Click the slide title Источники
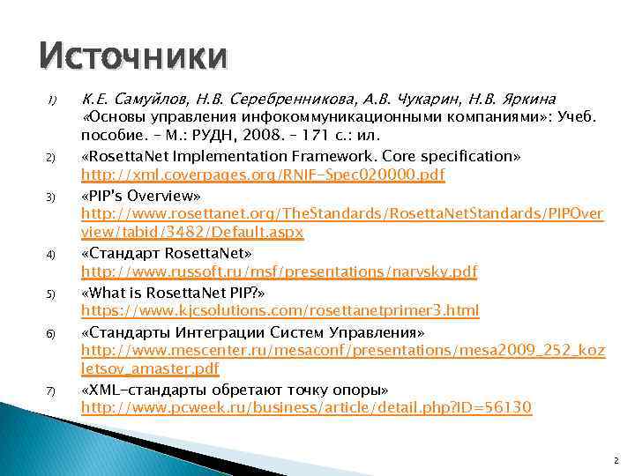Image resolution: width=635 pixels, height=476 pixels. [x=133, y=57]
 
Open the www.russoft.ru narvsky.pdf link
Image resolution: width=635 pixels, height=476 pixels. [x=279, y=272]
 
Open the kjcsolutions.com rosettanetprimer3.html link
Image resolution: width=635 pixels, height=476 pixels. [x=280, y=311]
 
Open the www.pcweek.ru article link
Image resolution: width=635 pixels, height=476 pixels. [x=306, y=408]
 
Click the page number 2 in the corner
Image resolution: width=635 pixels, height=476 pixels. [x=616, y=461]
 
